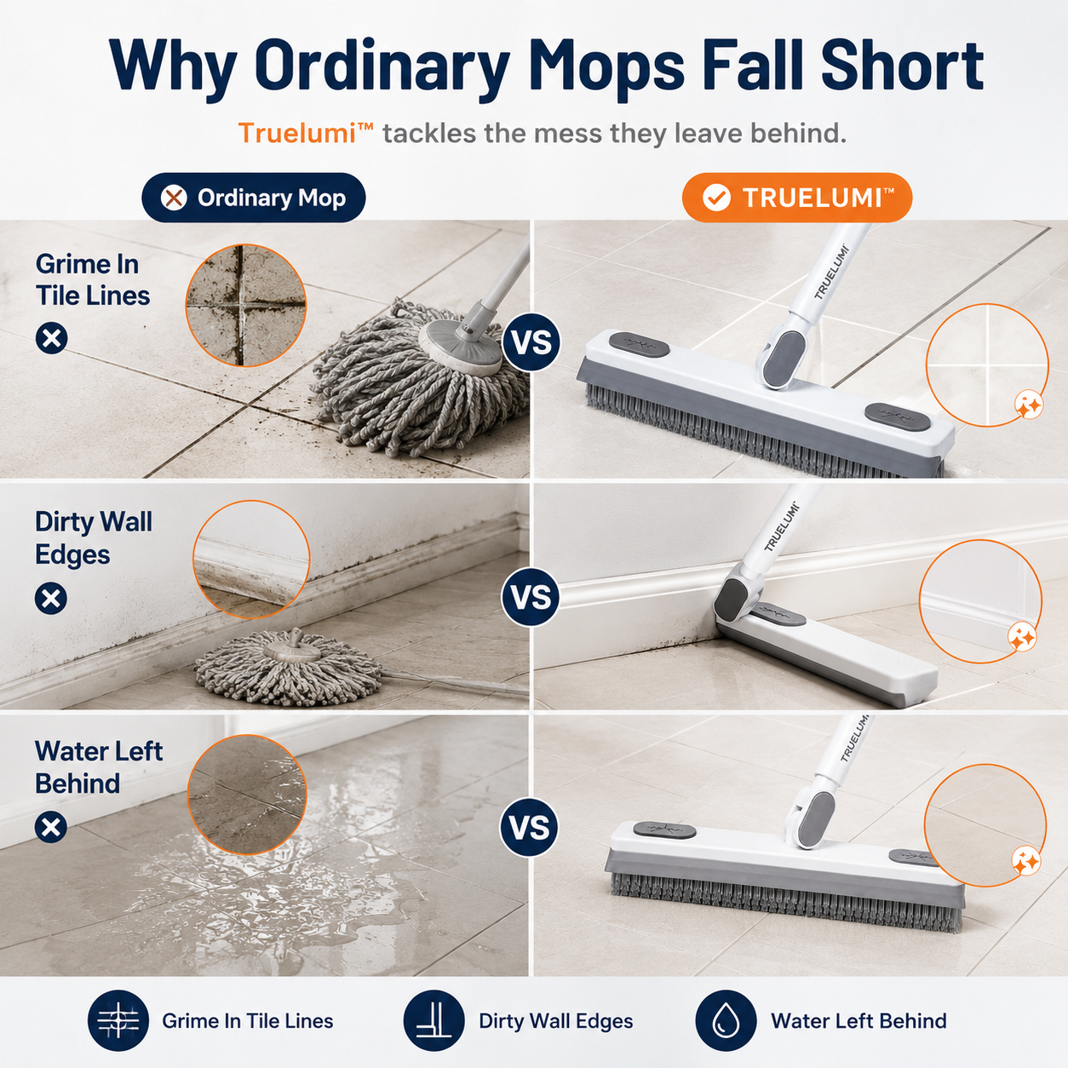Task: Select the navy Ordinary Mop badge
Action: (254, 198)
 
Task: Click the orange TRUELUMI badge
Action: (797, 198)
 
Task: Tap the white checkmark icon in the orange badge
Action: (716, 198)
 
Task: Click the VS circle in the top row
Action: (531, 342)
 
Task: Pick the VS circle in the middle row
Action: (531, 597)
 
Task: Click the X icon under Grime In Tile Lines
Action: (52, 338)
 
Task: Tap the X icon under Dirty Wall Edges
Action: (51, 599)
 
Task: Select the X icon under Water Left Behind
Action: (51, 828)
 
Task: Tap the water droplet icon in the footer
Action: (726, 1020)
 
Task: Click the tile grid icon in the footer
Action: (118, 1020)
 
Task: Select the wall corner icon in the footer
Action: (434, 1020)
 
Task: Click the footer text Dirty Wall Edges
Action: (556, 1021)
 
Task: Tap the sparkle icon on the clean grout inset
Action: (1029, 405)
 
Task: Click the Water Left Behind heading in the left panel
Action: (99, 767)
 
